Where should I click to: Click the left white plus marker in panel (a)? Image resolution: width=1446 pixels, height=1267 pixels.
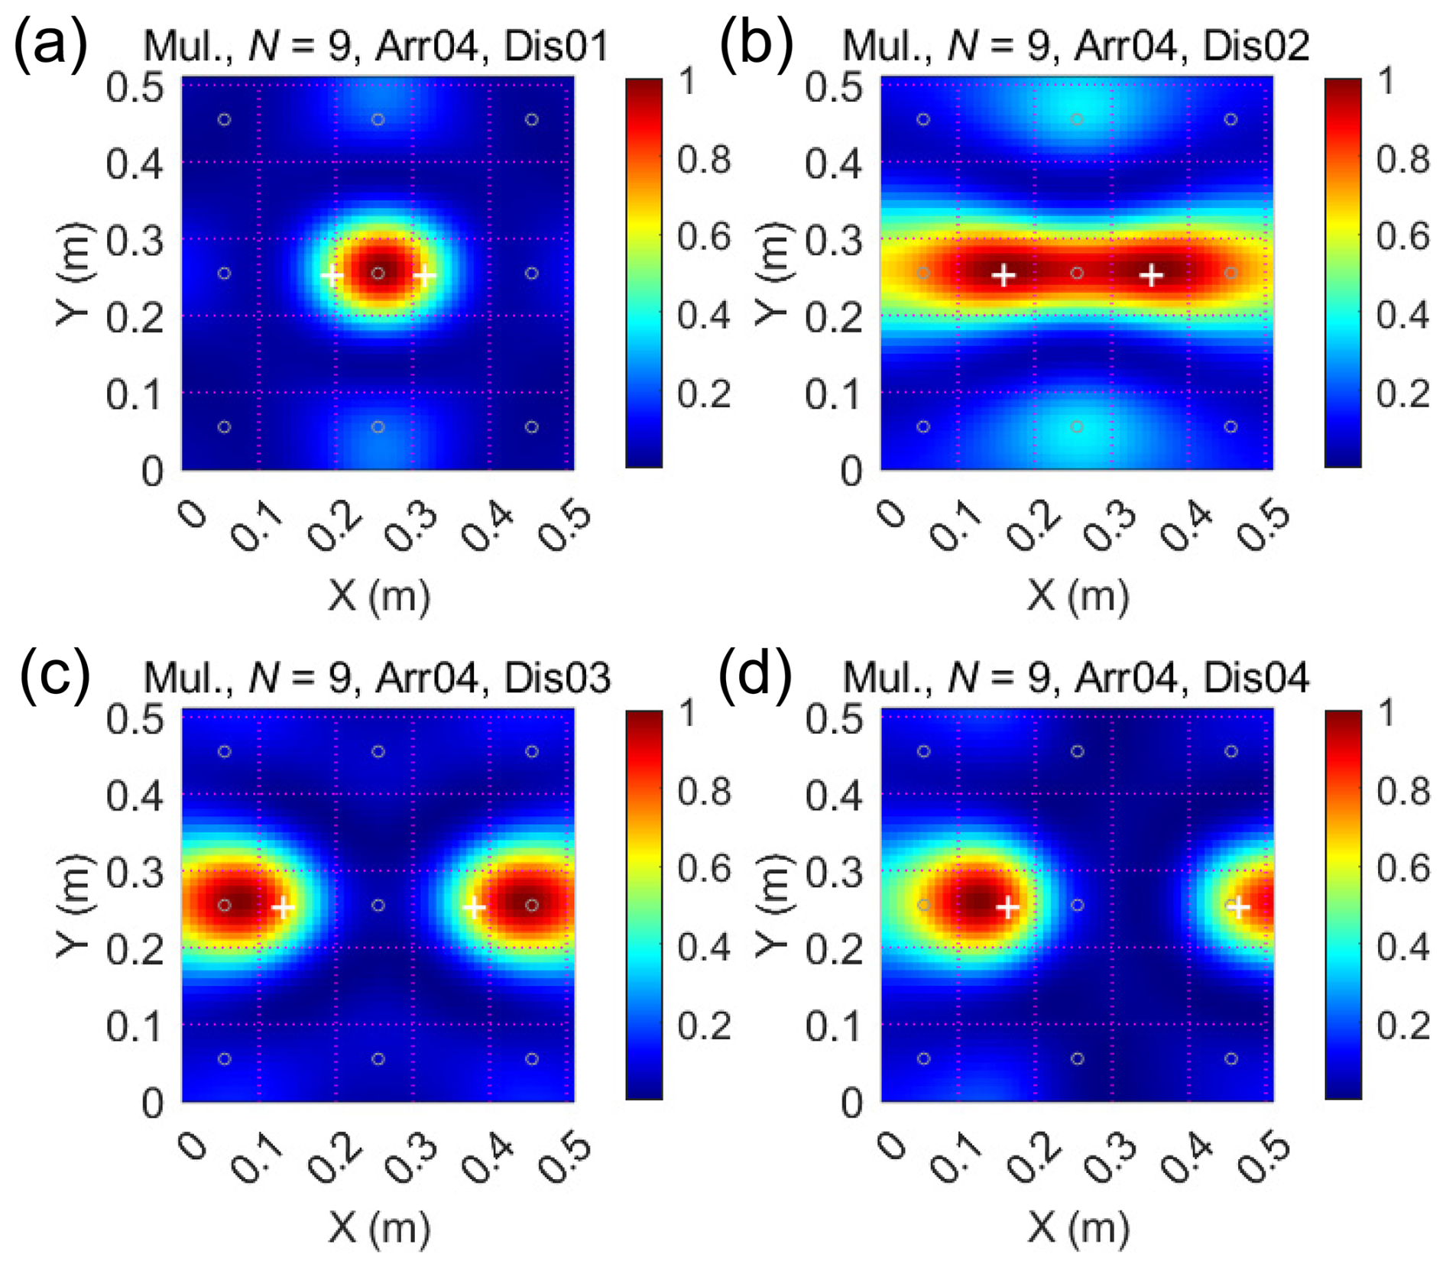point(332,275)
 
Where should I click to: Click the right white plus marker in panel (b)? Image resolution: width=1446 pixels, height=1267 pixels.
point(1151,275)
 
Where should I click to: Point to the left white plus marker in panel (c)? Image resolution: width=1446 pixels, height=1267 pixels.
point(284,908)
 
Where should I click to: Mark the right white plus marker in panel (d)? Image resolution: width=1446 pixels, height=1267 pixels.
point(1239,908)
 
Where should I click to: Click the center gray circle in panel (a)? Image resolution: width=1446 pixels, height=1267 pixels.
point(378,273)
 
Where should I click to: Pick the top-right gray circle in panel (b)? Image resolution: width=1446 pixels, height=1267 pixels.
point(1230,119)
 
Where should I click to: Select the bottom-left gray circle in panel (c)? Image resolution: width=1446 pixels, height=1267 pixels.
point(225,1058)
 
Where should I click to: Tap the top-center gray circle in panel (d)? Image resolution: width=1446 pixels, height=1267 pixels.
point(1077,751)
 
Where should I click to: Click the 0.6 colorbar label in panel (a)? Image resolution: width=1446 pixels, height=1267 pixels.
point(703,236)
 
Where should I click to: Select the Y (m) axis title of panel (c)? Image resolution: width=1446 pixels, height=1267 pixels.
point(74,906)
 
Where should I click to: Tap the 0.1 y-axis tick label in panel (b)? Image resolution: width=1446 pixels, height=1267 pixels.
point(834,394)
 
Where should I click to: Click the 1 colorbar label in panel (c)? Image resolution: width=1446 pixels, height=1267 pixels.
point(688,714)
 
